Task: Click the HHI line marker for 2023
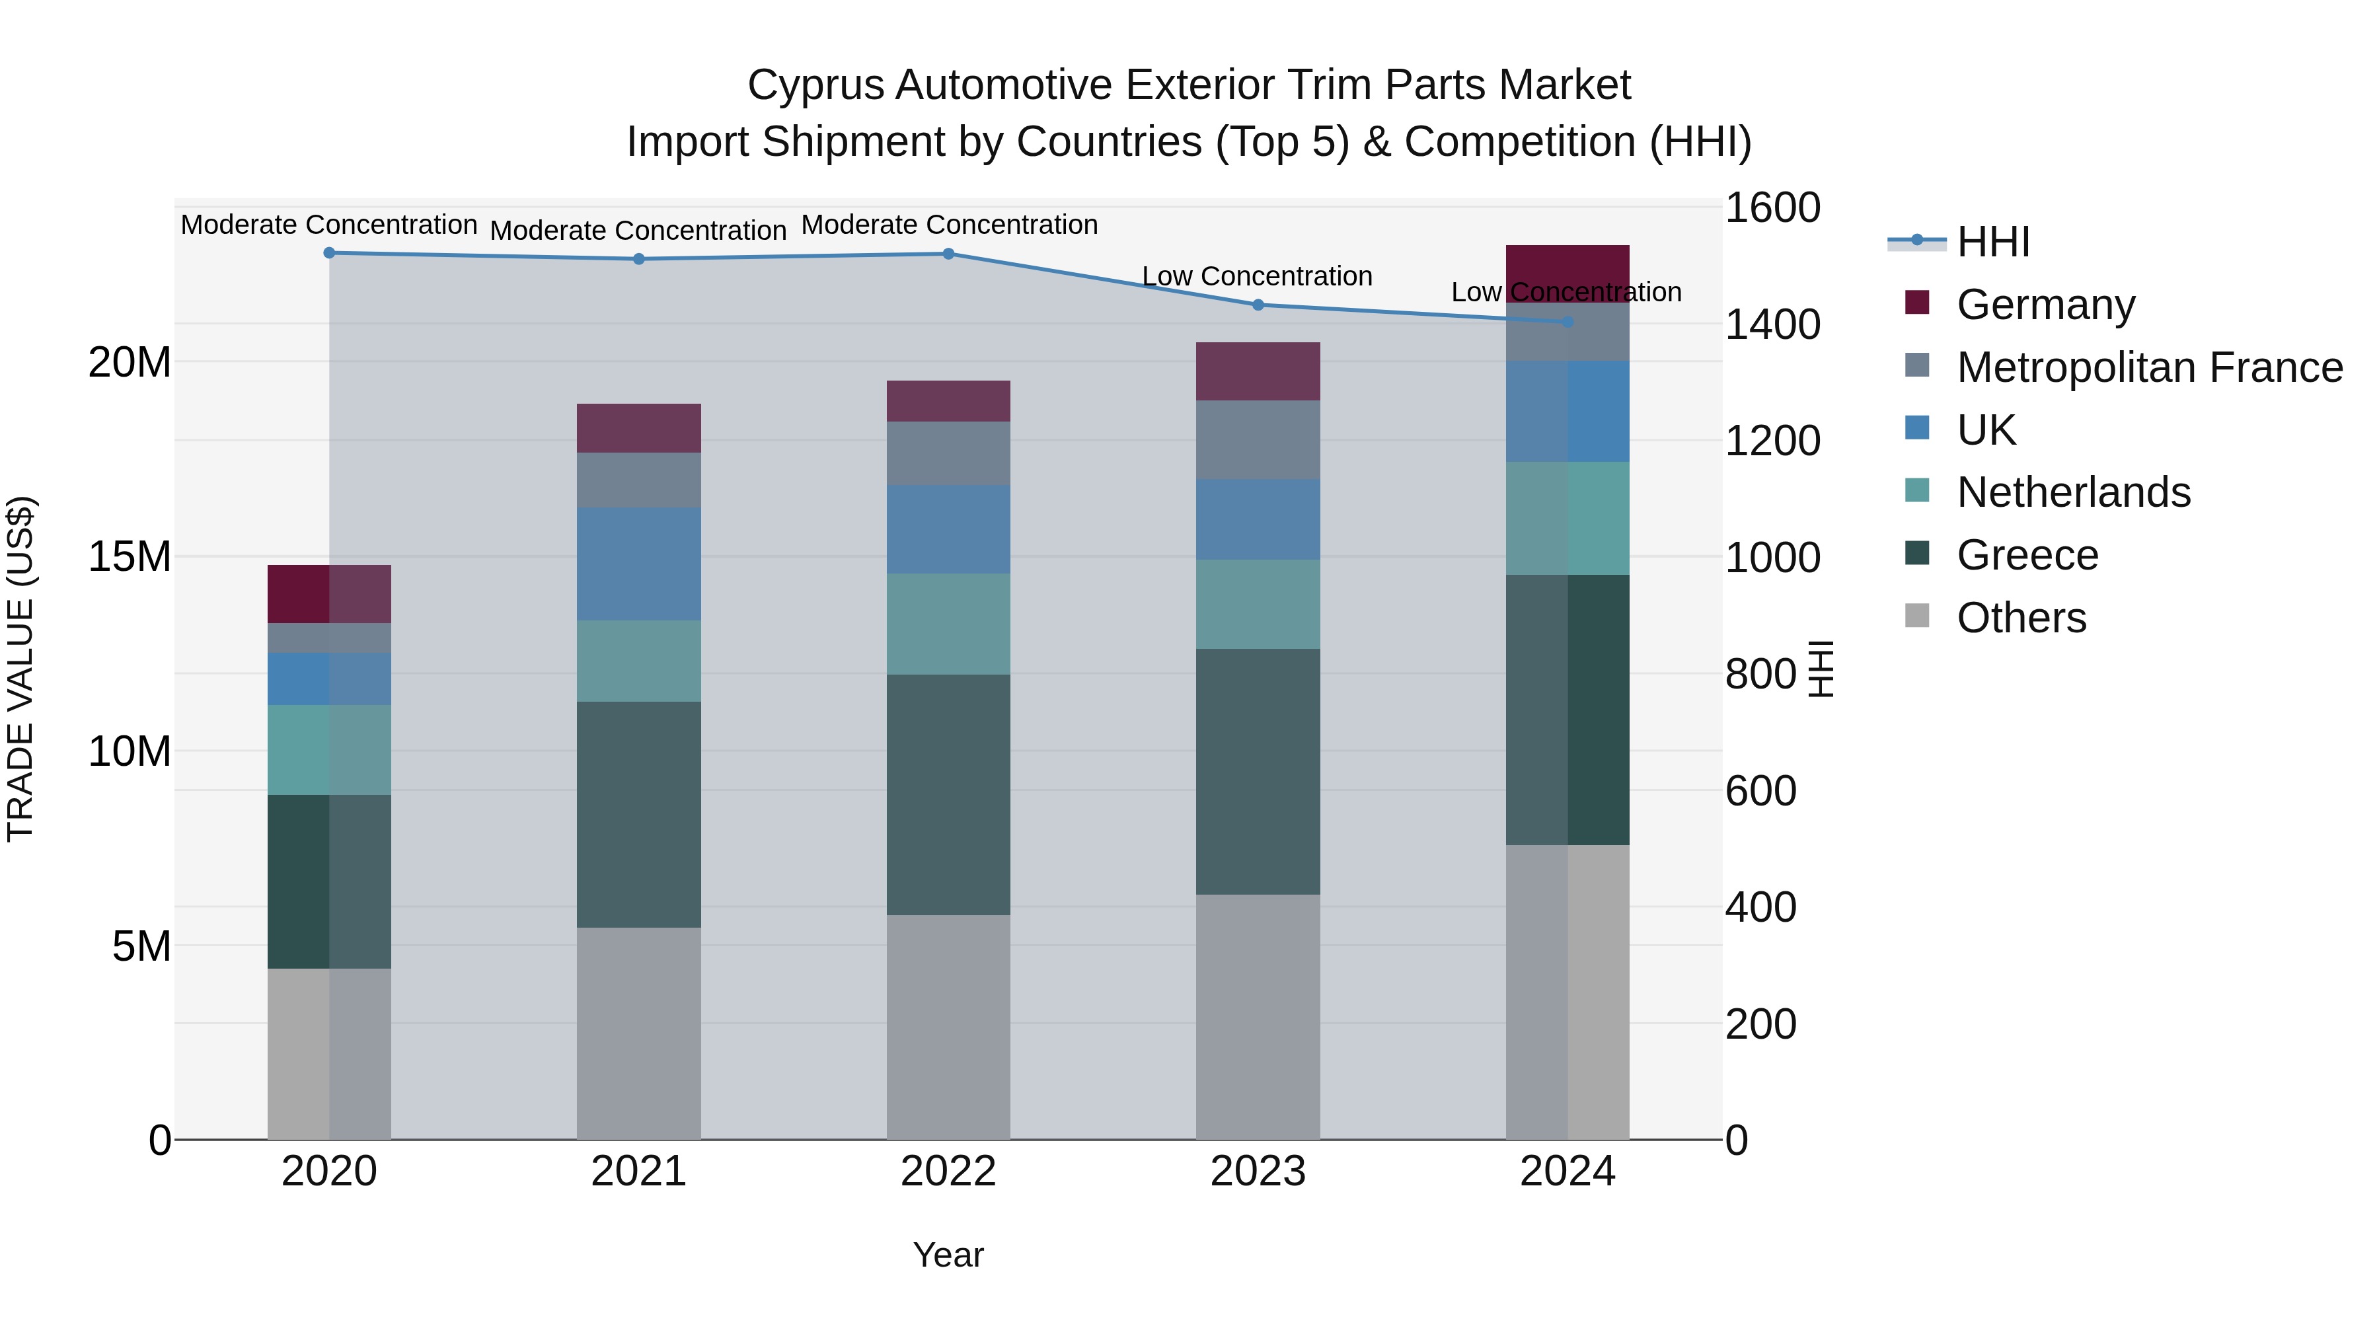coord(1257,305)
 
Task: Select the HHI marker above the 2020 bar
coord(329,253)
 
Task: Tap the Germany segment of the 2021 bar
coord(638,427)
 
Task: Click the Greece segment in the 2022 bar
coord(948,794)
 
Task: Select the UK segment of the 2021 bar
coord(638,563)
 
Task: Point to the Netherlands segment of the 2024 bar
coord(1567,518)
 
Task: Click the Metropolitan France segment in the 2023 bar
coord(1257,439)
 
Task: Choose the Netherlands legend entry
coord(2072,492)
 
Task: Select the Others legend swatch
coord(1916,616)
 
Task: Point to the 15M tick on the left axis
coord(130,557)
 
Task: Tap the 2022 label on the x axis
coord(948,1171)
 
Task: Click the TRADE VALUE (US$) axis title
coord(20,669)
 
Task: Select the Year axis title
coord(948,1255)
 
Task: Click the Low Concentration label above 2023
coord(1257,276)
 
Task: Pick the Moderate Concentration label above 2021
coord(638,230)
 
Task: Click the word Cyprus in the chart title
coord(815,85)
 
